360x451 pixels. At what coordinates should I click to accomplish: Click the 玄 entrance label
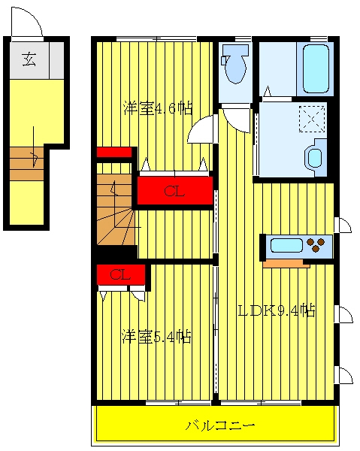pos(29,59)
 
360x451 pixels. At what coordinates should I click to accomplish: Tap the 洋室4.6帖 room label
pos(158,108)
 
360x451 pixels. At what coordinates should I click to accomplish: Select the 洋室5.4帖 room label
pos(157,336)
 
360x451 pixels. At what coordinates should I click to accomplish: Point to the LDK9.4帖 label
pos(277,310)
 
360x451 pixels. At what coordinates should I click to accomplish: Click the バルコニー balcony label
pos(220,425)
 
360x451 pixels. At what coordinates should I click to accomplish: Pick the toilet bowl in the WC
pos(235,64)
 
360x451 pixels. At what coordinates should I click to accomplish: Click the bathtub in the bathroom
pos(316,68)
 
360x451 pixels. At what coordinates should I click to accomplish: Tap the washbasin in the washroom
pos(316,157)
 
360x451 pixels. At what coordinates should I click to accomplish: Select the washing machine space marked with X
pos(312,119)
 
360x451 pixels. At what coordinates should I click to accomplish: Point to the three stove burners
pos(316,244)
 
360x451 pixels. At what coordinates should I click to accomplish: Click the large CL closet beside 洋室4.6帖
pos(175,191)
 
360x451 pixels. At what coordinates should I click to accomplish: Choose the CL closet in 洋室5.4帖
pos(121,274)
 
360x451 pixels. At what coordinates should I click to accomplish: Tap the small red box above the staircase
pos(114,152)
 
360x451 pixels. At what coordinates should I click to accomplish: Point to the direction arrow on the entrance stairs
pos(35,147)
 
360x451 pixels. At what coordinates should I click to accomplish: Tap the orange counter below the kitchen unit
pos(286,264)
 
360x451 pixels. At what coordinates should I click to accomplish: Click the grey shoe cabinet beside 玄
pos(56,60)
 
